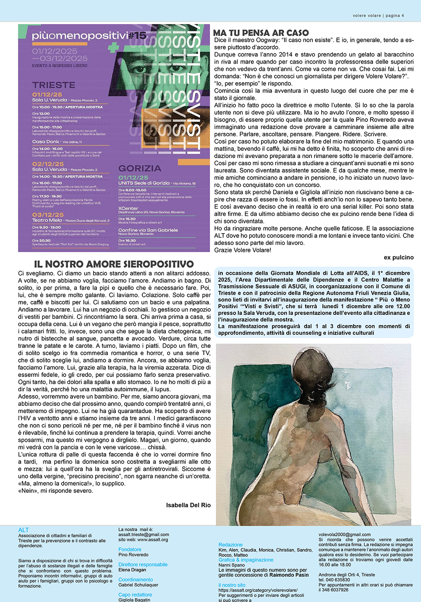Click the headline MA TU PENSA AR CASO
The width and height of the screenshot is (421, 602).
[261, 33]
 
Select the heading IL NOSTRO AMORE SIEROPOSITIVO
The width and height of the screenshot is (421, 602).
[114, 264]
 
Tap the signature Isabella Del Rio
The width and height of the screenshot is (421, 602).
[188, 505]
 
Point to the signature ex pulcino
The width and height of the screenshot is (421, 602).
[398, 257]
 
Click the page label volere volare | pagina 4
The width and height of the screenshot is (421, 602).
[378, 16]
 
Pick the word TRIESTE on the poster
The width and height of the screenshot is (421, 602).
[53, 85]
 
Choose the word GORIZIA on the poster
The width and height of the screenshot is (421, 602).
[140, 168]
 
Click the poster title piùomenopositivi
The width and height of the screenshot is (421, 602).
[80, 36]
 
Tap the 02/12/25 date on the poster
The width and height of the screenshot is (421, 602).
[48, 164]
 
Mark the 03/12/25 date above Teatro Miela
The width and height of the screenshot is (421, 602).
[48, 215]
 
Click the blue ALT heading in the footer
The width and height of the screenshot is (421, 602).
[24, 530]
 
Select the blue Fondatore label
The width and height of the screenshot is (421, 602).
[130, 549]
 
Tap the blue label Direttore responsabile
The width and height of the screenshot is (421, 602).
[143, 564]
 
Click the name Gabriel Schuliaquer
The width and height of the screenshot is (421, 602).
[138, 585]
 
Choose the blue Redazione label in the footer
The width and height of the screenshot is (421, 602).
[230, 545]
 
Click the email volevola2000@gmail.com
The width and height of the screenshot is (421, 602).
[344, 535]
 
